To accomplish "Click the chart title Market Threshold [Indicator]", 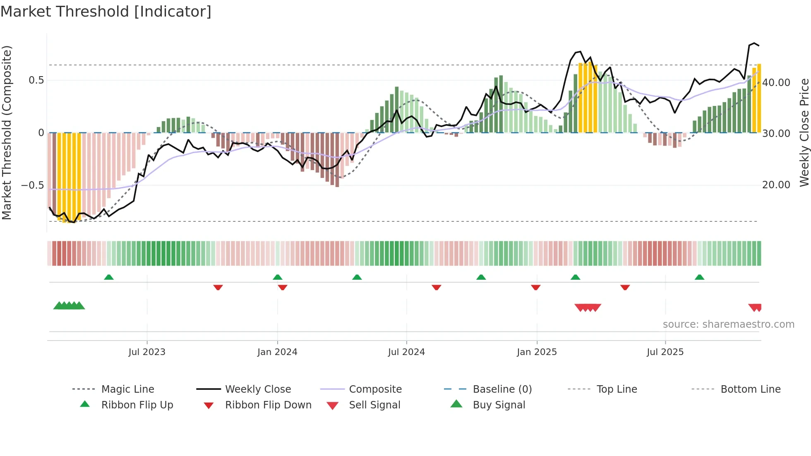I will (106, 12).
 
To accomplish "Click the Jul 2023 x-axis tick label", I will (146, 352).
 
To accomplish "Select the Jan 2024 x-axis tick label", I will (277, 352).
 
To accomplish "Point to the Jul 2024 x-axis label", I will (406, 352).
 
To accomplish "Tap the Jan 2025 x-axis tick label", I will (537, 352).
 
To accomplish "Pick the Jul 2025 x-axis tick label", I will (665, 352).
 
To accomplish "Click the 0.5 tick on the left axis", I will (36, 80).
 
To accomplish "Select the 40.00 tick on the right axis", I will (776, 83).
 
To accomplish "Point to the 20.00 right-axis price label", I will (776, 185).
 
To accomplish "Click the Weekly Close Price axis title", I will (804, 132).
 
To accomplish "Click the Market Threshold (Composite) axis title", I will (7, 132).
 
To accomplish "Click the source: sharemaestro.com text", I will (728, 324).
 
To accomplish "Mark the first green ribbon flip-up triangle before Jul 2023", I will (109, 277).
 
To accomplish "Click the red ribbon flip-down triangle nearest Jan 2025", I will (536, 287).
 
